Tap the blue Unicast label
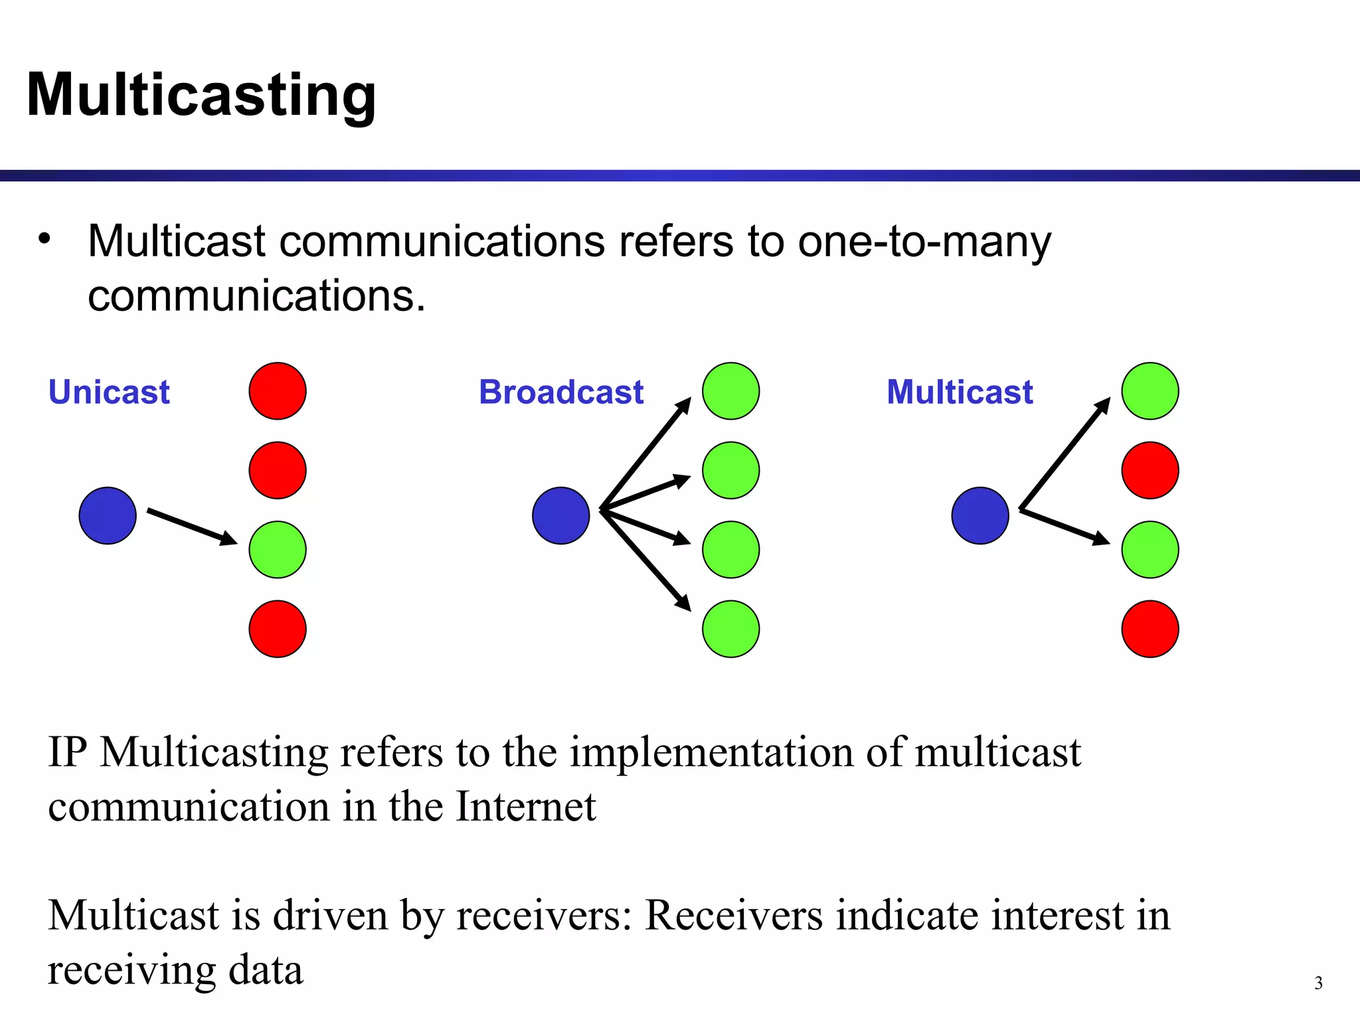(109, 392)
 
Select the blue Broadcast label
(561, 392)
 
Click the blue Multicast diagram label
(960, 392)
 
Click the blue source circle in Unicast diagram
(108, 516)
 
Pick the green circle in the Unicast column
(278, 550)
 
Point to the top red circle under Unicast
(278, 391)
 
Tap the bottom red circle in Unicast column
(278, 629)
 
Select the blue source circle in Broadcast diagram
(561, 516)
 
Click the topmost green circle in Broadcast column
(730, 391)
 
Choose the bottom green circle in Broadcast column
(730, 629)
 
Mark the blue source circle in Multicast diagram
(980, 516)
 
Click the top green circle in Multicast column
(1150, 391)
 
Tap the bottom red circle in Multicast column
(1150, 629)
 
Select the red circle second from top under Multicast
(1150, 470)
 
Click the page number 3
(1318, 983)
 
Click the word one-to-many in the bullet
(924, 241)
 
